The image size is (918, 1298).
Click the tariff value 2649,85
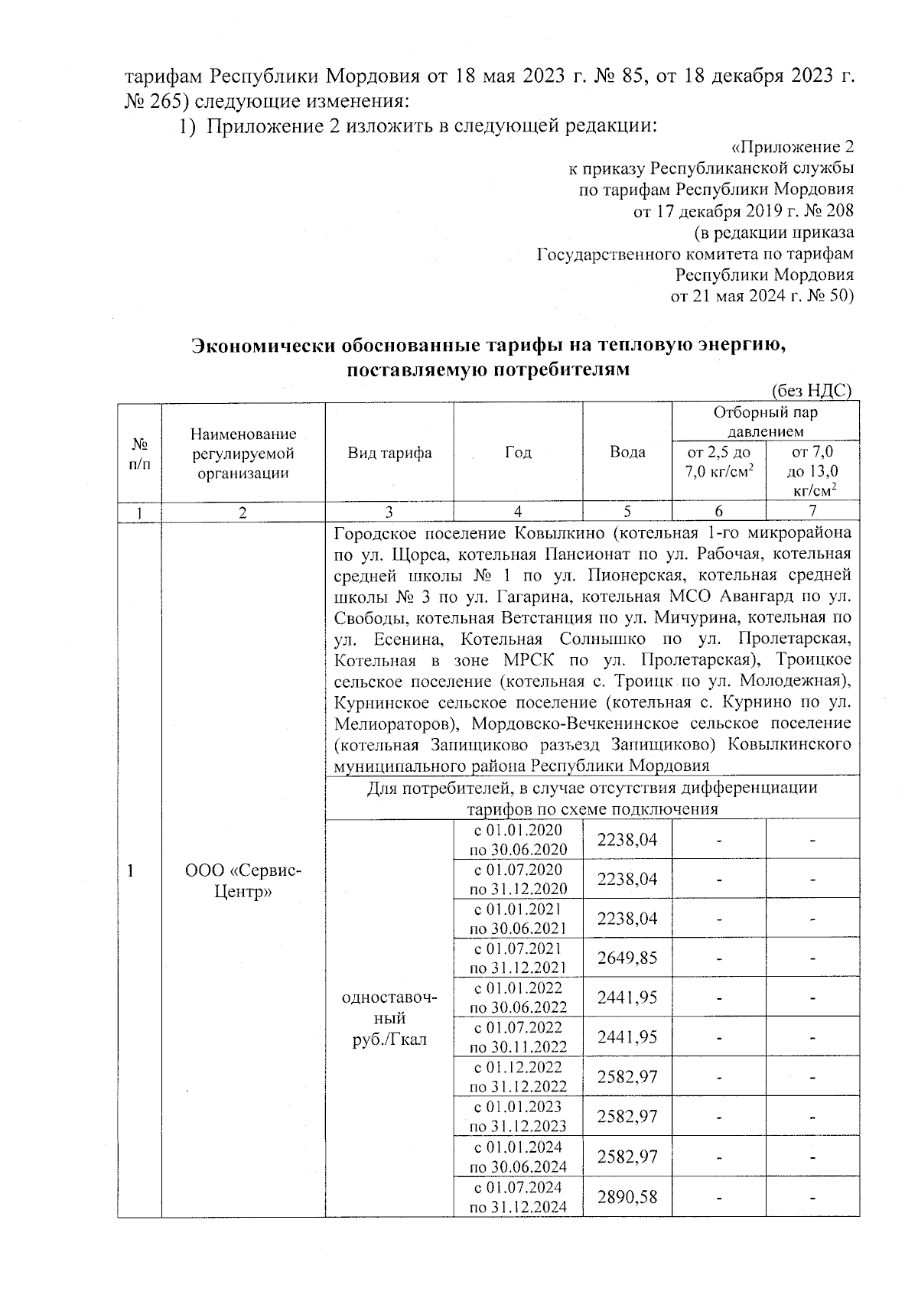point(627,958)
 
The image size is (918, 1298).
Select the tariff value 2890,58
point(627,1196)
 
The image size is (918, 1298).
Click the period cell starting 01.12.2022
point(518,1076)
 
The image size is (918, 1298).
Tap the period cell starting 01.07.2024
point(518,1196)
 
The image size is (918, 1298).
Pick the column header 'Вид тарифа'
point(389,453)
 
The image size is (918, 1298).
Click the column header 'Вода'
point(627,452)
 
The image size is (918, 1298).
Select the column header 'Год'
point(518,452)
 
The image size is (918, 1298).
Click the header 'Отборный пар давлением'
point(765,422)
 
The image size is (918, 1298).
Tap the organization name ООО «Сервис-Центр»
point(243,880)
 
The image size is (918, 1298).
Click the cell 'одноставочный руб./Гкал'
point(389,1018)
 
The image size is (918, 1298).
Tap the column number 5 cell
point(627,512)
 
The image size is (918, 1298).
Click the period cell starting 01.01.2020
point(518,838)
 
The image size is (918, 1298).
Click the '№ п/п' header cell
point(139,454)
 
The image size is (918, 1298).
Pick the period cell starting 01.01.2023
point(518,1116)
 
